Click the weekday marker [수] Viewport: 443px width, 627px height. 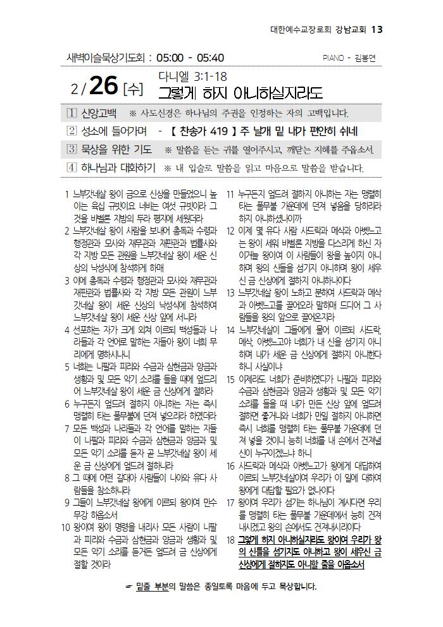[134, 89]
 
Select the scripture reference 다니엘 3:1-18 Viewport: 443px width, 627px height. [192, 76]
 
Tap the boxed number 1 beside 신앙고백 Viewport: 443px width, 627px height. [72, 113]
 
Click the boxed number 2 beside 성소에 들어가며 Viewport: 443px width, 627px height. [72, 131]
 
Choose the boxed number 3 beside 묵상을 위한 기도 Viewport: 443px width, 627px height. [72, 150]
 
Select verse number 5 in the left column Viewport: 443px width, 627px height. [67, 366]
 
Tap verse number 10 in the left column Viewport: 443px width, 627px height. [65, 526]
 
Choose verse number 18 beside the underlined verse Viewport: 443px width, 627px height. [230, 541]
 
